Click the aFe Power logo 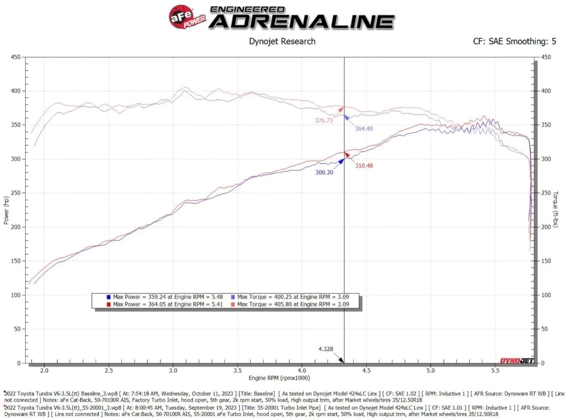click(x=186, y=17)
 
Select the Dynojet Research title click(x=282, y=41)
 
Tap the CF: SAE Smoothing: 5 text click(x=514, y=41)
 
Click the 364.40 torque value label click(x=364, y=129)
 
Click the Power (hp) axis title click(x=6, y=209)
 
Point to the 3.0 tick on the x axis click(x=173, y=371)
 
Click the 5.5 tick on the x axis click(x=495, y=371)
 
